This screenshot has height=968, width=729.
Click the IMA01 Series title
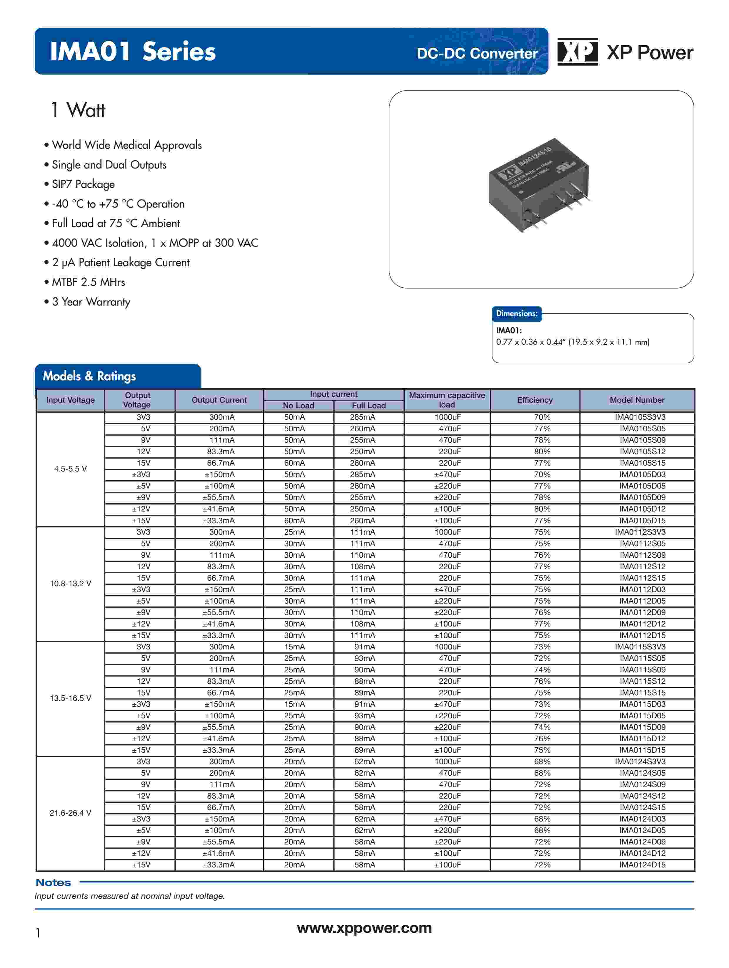pyautogui.click(x=133, y=52)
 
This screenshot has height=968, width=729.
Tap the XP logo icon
pyautogui.click(x=577, y=52)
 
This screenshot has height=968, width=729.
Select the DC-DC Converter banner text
pyautogui.click(x=477, y=54)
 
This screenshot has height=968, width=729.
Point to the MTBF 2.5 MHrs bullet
pyautogui.click(x=88, y=282)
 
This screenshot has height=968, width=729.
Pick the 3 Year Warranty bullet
pyautogui.click(x=91, y=302)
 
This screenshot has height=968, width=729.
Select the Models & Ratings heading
pyautogui.click(x=89, y=376)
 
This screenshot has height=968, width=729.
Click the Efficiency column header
pyautogui.click(x=534, y=400)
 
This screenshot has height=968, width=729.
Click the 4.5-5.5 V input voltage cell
pyautogui.click(x=71, y=469)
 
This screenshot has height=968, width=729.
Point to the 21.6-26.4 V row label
pyautogui.click(x=71, y=813)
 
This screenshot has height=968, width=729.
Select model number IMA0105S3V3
pyautogui.click(x=640, y=417)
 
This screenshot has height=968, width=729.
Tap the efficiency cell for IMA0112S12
pyautogui.click(x=542, y=566)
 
